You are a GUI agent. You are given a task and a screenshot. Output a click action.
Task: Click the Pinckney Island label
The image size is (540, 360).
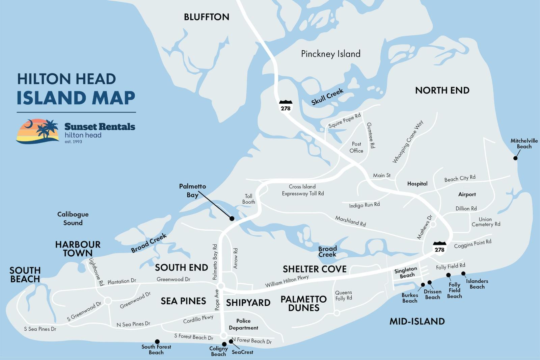click(x=331, y=54)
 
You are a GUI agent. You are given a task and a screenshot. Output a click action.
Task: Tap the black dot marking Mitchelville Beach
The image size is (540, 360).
click(x=515, y=158)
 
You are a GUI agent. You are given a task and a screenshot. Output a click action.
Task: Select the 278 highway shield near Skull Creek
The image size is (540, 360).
click(x=285, y=106)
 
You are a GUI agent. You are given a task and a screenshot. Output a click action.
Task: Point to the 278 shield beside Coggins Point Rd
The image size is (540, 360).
click(x=439, y=248)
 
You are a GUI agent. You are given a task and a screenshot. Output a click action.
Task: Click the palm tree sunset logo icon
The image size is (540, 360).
click(x=37, y=131)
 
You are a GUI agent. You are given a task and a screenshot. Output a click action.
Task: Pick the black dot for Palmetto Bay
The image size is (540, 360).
click(x=232, y=218)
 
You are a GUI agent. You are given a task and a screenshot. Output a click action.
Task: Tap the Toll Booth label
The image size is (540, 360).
click(x=249, y=199)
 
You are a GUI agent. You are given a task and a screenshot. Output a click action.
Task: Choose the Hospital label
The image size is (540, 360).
click(x=417, y=184)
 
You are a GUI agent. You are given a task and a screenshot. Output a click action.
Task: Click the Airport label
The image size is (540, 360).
click(x=467, y=194)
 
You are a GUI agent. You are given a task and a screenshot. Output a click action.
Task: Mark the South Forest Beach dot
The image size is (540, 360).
click(x=157, y=341)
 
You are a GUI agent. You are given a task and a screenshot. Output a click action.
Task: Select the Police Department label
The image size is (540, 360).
click(x=243, y=324)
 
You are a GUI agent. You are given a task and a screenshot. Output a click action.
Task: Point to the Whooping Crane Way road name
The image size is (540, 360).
click(x=408, y=142)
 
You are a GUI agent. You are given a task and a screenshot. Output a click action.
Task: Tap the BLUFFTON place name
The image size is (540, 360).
click(x=207, y=17)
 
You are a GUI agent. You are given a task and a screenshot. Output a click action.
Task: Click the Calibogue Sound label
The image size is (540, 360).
click(x=73, y=218)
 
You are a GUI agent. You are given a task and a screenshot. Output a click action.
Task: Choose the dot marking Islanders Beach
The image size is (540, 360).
click(x=463, y=274)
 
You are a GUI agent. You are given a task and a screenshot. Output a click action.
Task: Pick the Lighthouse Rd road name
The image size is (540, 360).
click(x=96, y=272)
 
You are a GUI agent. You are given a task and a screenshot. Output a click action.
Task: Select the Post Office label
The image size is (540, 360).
click(x=356, y=147)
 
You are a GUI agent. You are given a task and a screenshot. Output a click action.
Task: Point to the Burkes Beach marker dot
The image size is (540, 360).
click(x=423, y=285)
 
